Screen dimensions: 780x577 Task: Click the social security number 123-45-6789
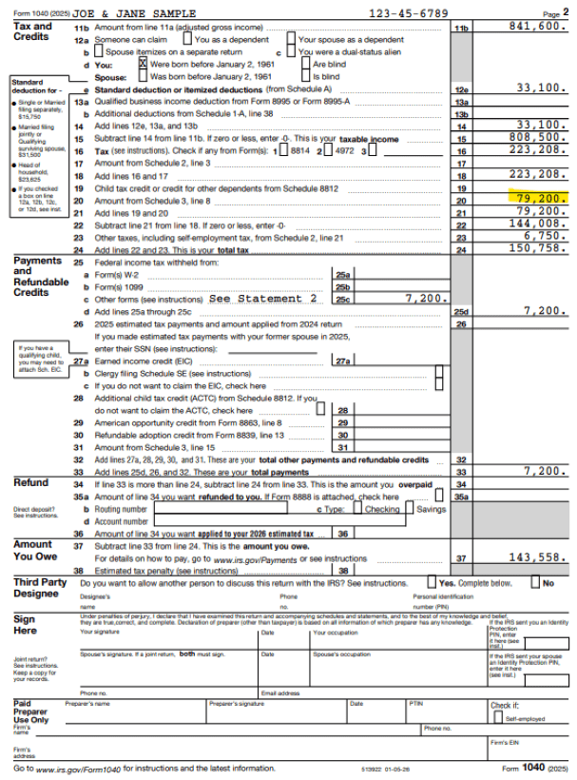click(408, 13)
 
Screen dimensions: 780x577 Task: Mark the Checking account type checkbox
click(358, 508)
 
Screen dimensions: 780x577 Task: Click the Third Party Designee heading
click(40, 587)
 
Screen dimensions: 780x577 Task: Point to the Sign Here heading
click(26, 625)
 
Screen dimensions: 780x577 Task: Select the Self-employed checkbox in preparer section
click(495, 718)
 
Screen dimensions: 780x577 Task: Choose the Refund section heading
click(31, 483)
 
